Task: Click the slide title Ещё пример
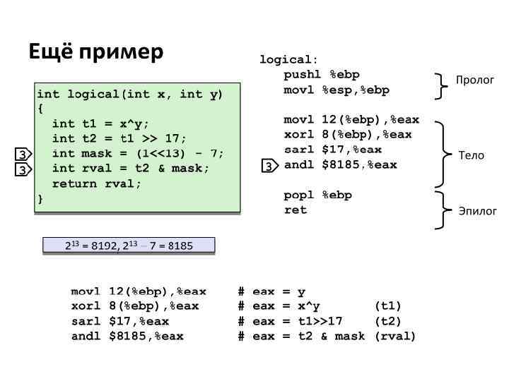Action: coord(96,52)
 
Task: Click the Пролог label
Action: coord(474,80)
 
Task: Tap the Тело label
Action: coord(472,155)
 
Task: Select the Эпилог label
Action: coord(478,211)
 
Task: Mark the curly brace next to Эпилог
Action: coord(443,210)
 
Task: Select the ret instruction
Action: coord(296,210)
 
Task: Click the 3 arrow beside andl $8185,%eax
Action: coord(269,166)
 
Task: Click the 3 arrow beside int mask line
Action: coord(23,155)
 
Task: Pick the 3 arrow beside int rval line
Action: coord(23,170)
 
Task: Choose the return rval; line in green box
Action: coord(97,183)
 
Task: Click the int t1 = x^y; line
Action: coord(100,123)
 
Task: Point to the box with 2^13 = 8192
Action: coord(129,246)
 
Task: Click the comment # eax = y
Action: coord(271,291)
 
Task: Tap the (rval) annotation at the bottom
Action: coord(395,337)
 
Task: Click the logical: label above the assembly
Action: coord(288,60)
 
